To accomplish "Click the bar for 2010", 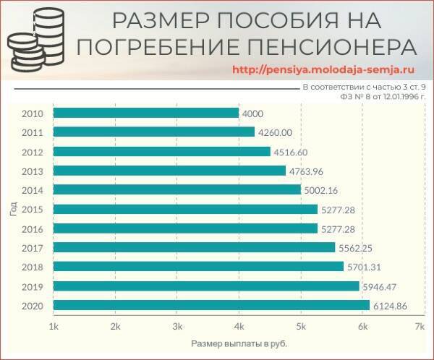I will (145, 113).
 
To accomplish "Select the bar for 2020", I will (211, 306).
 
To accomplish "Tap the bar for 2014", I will (176, 190).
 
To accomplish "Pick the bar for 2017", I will (194, 248).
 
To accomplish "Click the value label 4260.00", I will (275, 132).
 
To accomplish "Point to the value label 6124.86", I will (391, 306).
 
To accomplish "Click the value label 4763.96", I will (307, 171).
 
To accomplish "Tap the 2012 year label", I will (33, 152).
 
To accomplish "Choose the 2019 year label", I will (33, 287).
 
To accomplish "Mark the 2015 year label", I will (33, 210).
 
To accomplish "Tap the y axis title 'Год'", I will (13, 210).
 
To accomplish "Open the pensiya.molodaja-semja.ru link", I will (325, 70).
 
